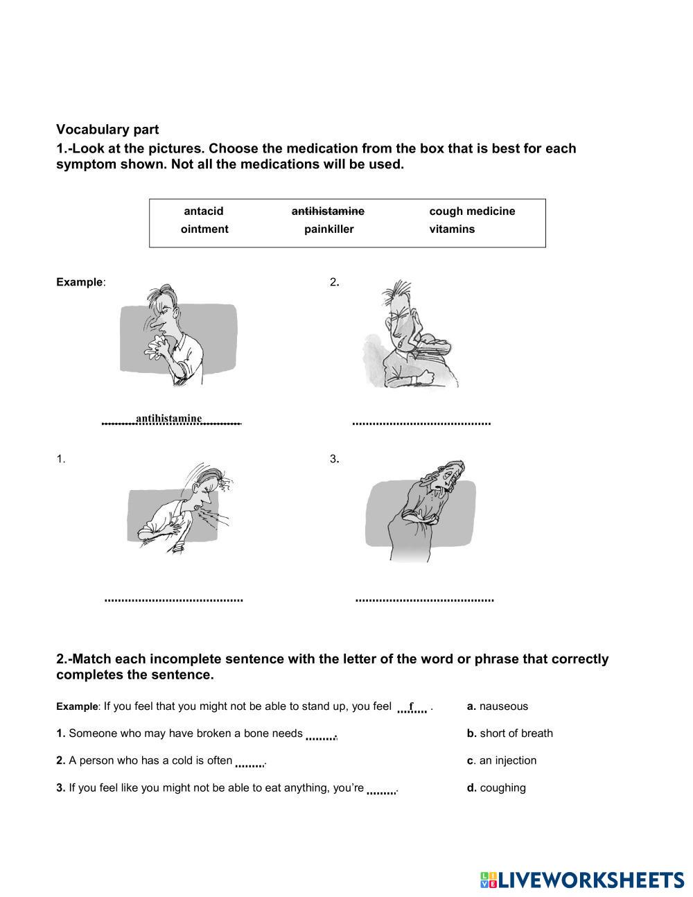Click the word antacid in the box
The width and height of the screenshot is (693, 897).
coord(204,211)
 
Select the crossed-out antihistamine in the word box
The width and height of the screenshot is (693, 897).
coord(328,211)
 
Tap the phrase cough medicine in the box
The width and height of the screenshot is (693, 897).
coord(472,211)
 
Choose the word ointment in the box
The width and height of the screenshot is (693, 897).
coord(204,229)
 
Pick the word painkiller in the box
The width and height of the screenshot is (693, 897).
coord(328,229)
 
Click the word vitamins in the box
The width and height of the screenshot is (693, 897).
coord(452,229)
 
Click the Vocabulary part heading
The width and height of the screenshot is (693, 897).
coord(107,130)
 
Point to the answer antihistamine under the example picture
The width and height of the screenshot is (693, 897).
coord(169,419)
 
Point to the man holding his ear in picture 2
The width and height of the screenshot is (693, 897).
coord(409,336)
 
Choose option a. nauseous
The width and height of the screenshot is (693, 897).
coord(497,706)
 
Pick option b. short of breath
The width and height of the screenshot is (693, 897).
coord(509,733)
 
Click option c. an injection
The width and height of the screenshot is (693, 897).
coord(501,760)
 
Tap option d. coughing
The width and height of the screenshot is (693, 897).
coord(496,787)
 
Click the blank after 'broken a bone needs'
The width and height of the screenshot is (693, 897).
coord(320,736)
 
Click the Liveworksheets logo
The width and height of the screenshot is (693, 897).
coord(582,880)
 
